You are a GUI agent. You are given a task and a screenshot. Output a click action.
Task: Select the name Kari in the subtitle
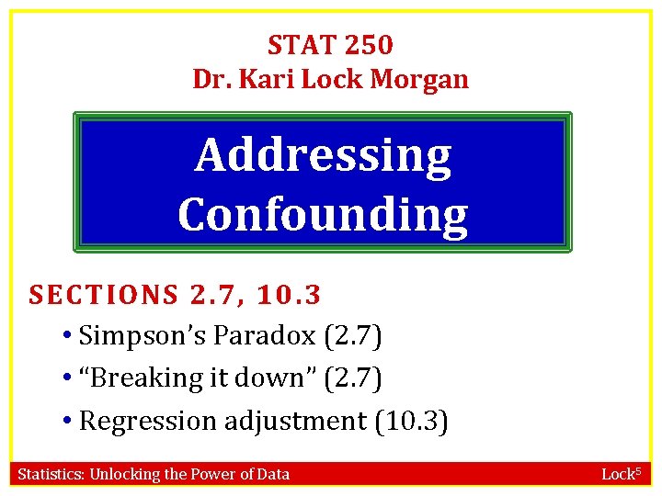pos(267,80)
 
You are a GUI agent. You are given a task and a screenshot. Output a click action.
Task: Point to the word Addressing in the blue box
pos(323,156)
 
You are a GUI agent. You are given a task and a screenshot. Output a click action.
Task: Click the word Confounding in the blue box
pos(323,214)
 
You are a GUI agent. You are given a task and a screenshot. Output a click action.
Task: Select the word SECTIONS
pos(103,295)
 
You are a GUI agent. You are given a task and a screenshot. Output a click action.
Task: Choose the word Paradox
pos(265,336)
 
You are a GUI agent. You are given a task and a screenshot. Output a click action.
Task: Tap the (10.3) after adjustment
pos(411,421)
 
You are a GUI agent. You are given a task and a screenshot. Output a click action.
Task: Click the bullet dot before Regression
pos(70,421)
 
